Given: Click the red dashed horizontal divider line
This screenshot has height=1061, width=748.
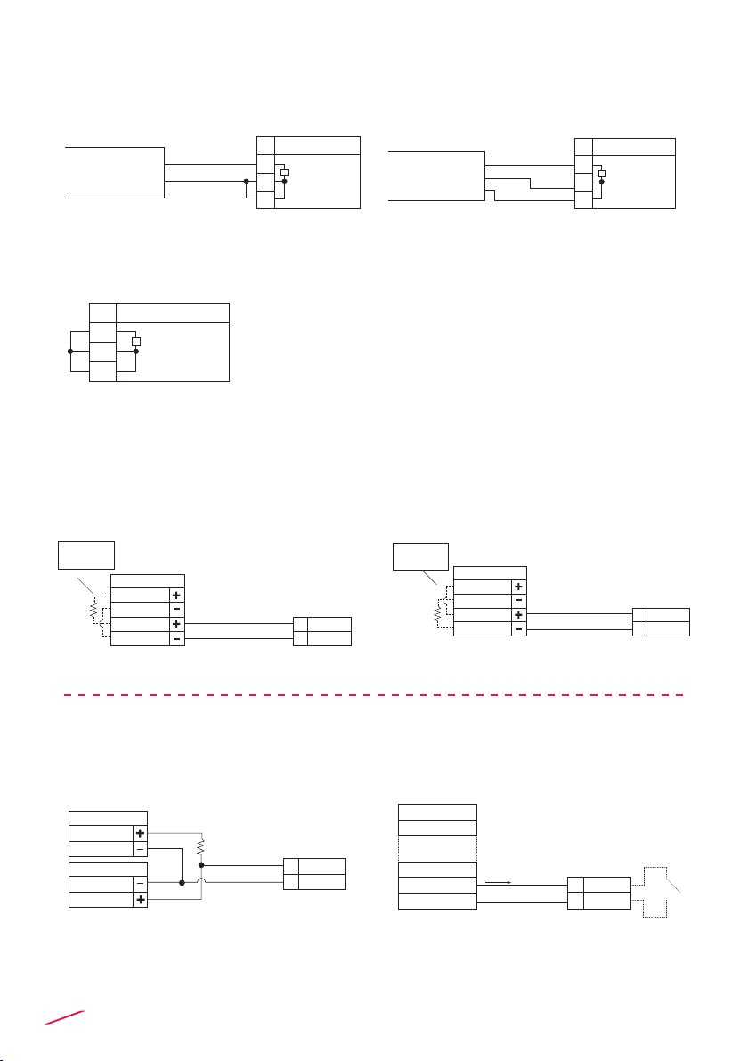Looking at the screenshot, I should click(374, 693).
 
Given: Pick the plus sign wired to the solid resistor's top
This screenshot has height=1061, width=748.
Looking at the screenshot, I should click(140, 834).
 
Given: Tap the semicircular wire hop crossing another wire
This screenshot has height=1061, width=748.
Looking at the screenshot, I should click(202, 884).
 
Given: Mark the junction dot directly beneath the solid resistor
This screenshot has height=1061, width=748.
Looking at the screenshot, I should click(202, 864).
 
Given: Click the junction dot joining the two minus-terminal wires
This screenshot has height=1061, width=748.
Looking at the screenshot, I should click(182, 884).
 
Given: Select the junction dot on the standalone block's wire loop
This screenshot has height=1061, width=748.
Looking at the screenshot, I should click(70, 351).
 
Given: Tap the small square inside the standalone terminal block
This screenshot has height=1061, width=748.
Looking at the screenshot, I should click(136, 342).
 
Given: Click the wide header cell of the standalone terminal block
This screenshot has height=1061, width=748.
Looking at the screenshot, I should click(173, 312).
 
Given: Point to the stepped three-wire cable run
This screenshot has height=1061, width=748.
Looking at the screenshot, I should click(530, 182).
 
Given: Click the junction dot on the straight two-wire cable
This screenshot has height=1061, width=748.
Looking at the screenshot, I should click(246, 182).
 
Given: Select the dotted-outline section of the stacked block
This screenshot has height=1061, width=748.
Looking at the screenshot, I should click(436, 849).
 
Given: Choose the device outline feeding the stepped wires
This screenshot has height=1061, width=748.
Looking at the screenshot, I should click(436, 176).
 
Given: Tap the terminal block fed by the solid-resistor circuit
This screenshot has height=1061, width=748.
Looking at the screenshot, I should click(313, 874).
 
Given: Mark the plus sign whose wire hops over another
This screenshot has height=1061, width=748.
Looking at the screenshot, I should click(140, 900).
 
